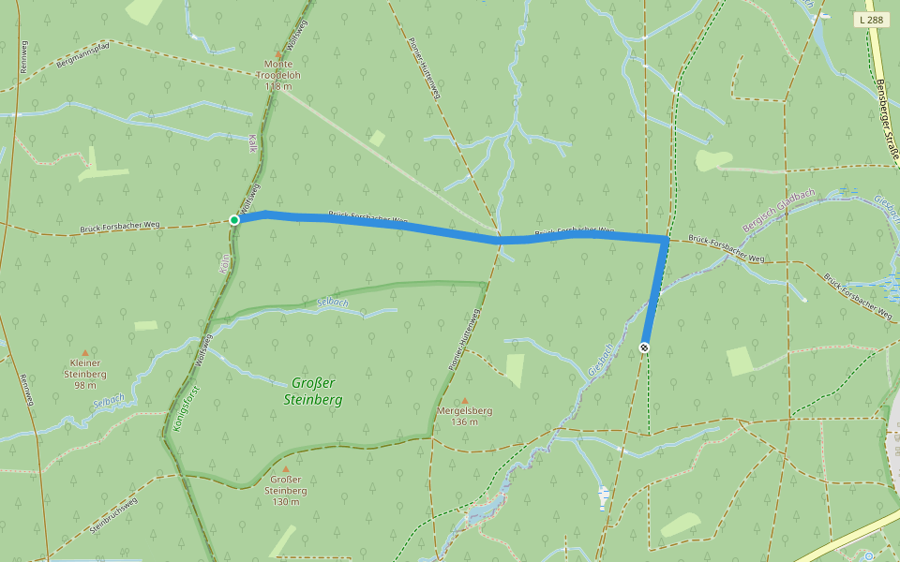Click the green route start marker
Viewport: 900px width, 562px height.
[234, 220]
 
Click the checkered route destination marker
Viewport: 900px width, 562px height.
[644, 348]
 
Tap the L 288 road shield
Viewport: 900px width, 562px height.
[871, 19]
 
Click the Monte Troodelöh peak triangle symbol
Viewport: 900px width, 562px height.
[278, 55]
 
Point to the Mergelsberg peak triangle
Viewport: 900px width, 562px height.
[465, 400]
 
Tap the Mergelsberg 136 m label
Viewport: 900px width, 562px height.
[465, 416]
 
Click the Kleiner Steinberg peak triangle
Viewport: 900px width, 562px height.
[84, 352]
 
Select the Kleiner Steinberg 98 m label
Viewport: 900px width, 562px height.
[84, 374]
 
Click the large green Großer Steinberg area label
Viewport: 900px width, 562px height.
[313, 391]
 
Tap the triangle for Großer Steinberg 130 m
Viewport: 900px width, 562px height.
[286, 468]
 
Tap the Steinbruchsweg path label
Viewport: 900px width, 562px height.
[113, 514]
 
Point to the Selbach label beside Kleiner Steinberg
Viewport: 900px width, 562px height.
[108, 402]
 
